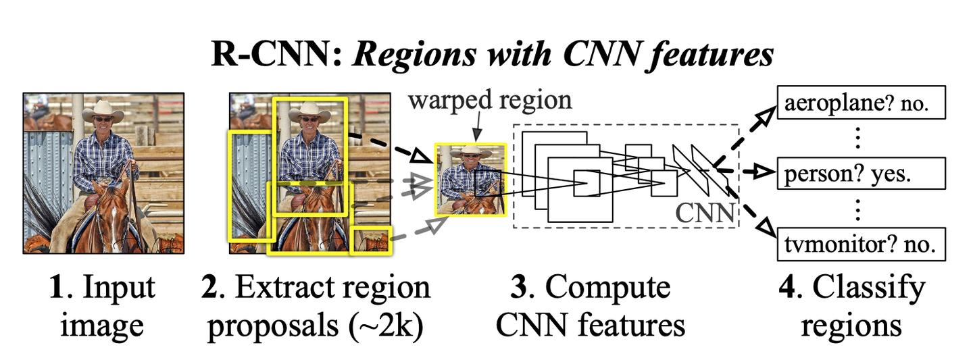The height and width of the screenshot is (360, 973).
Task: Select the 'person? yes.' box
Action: [x=859, y=174]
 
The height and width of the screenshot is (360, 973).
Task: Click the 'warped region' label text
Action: [x=490, y=100]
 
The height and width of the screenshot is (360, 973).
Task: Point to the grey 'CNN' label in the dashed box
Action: [x=705, y=213]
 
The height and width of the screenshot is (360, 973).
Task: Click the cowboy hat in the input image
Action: [x=103, y=110]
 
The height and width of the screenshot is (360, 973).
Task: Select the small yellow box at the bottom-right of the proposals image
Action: [x=372, y=241]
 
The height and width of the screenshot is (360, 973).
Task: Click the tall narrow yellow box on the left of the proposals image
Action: [x=251, y=186]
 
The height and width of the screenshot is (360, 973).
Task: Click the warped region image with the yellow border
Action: [x=470, y=179]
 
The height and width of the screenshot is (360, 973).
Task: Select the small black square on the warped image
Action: [x=487, y=182]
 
